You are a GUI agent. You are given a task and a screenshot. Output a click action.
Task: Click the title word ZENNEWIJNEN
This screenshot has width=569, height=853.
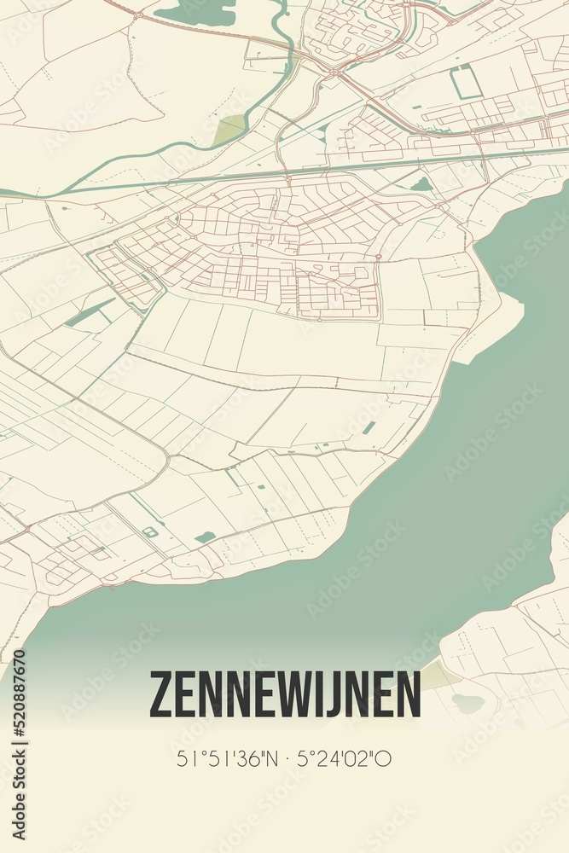click(285, 694)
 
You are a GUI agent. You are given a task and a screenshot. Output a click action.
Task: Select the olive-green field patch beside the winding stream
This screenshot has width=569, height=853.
click(229, 130)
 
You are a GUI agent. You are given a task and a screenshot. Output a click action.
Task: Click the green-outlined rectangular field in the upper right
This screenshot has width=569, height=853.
click(466, 83)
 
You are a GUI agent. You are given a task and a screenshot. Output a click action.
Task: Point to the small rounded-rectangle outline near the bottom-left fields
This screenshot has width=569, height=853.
click(150, 532)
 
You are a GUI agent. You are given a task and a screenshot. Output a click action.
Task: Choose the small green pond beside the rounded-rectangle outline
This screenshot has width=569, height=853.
click(205, 537)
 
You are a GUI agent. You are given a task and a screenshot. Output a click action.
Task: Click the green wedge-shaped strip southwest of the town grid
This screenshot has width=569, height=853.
click(89, 313)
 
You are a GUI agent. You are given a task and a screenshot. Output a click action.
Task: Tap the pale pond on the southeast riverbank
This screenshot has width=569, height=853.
click(467, 703)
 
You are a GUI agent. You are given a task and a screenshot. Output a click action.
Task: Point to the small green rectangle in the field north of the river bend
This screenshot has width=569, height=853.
click(368, 427)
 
